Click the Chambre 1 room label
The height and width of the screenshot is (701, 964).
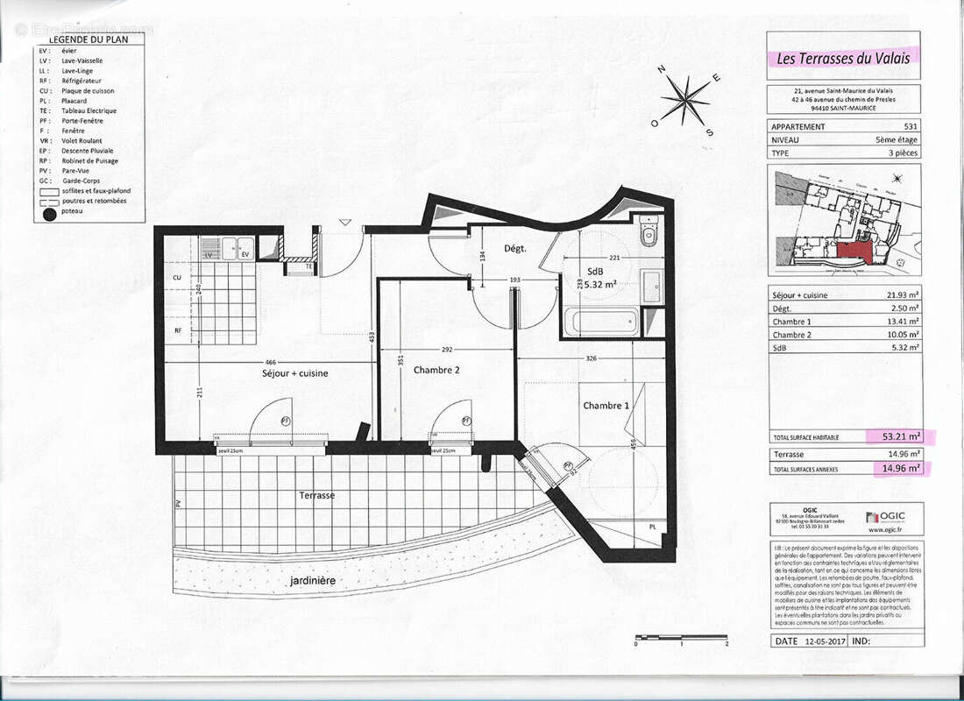606,405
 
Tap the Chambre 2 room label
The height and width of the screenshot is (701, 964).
436,370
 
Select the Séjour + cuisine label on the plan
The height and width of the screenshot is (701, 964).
295,373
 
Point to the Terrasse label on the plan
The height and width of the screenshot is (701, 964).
316,495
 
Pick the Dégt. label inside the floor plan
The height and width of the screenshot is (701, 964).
514,249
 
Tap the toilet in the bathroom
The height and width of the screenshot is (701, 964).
649,232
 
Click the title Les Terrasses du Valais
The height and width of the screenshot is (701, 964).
844,59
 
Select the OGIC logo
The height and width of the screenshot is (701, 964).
887,518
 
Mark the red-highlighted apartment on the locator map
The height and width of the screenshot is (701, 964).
854,251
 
